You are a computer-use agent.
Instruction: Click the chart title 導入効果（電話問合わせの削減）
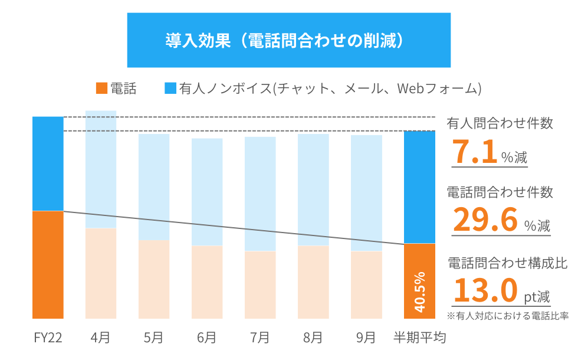[289, 41]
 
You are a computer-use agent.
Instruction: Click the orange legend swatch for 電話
[101, 89]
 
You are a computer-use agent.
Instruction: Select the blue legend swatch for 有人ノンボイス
[170, 89]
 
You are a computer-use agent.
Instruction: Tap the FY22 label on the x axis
[48, 338]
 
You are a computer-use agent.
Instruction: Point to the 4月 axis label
[100, 338]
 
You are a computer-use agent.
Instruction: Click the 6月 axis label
[206, 338]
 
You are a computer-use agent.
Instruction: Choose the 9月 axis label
[366, 338]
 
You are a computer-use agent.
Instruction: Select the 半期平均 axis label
[419, 338]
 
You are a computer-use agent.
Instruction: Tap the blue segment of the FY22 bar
[48, 163]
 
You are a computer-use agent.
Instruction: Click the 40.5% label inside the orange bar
[419, 292]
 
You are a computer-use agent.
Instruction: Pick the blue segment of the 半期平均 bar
[419, 186]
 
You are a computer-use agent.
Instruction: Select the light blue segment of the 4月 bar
[101, 169]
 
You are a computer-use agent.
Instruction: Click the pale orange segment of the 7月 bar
[260, 284]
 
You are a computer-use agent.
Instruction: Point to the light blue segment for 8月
[313, 189]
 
